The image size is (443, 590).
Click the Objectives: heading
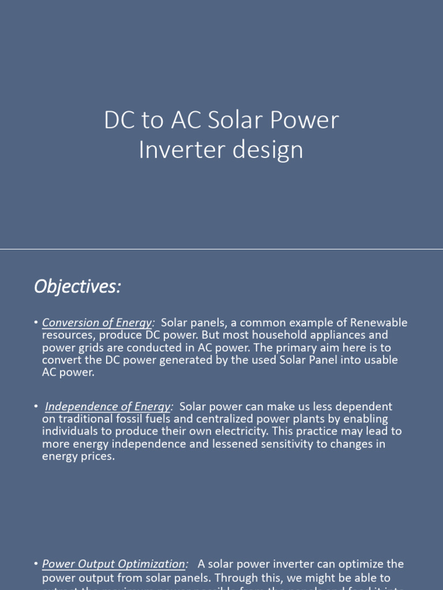tap(77, 286)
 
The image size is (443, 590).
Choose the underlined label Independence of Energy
tap(108, 407)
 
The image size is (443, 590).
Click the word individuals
tap(72, 432)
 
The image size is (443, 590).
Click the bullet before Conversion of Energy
tap(36, 323)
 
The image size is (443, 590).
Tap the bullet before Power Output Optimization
tap(36, 565)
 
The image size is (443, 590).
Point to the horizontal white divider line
tap(221, 249)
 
